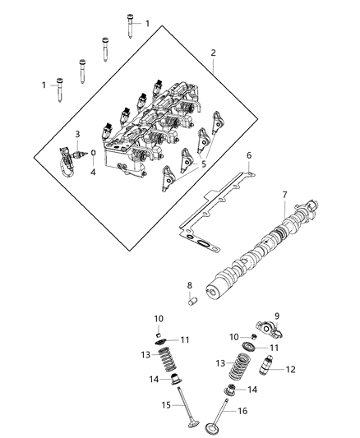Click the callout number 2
tap(213, 53)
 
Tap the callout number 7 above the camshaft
tap(284, 195)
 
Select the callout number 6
tap(250, 154)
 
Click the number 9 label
tap(277, 316)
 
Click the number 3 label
tap(77, 134)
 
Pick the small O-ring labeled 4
tap(94, 153)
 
